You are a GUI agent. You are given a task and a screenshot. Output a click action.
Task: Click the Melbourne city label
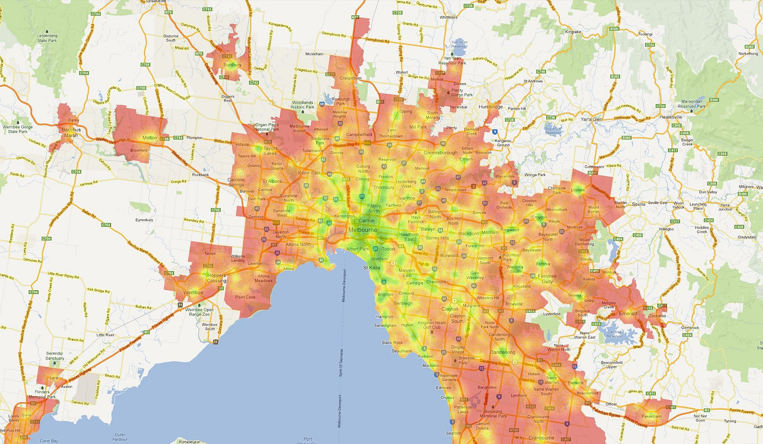362,231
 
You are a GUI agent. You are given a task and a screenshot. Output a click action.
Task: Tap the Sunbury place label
233,65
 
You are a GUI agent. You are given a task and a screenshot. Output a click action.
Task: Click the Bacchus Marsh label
71,133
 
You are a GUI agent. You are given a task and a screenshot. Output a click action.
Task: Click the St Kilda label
373,268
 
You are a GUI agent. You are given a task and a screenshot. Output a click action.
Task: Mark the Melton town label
149,138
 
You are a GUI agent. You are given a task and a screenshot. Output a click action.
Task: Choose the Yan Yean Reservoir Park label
455,60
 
